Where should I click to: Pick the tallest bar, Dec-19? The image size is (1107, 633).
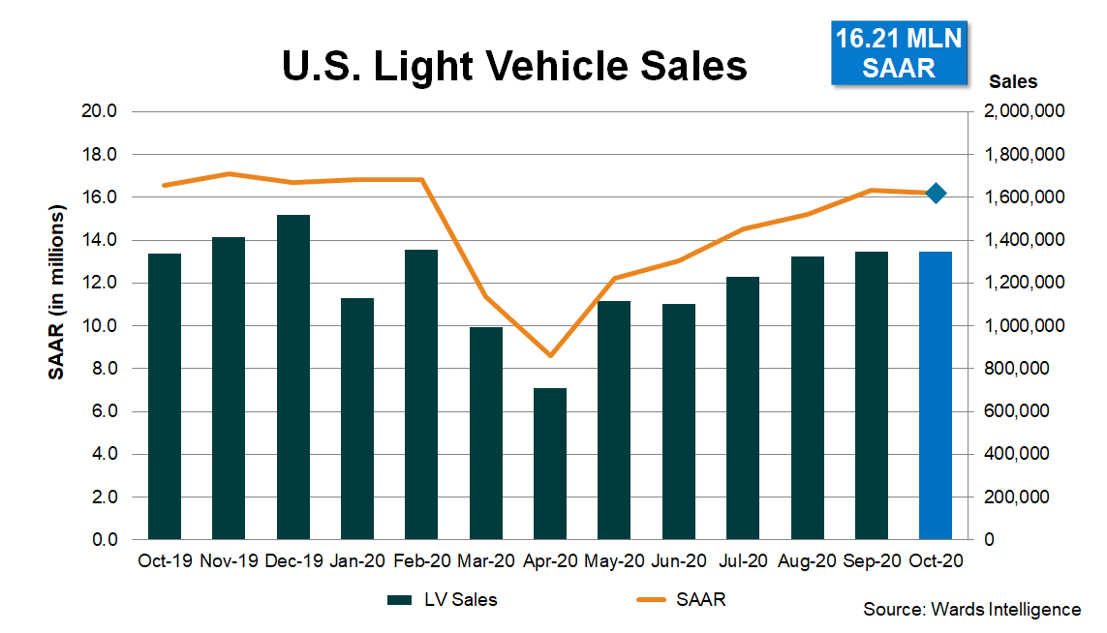(x=292, y=377)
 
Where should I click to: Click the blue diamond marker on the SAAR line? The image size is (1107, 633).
(x=936, y=194)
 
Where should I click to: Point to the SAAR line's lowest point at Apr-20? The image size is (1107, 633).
(x=550, y=355)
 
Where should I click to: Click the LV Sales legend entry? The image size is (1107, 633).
(x=443, y=600)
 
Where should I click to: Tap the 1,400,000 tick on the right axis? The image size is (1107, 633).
(x=1024, y=240)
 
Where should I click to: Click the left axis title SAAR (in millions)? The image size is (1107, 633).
(x=57, y=293)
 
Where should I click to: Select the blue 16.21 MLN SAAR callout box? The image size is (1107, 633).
(x=899, y=54)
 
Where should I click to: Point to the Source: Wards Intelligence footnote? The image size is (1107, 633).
(x=971, y=609)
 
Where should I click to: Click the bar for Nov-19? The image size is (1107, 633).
(x=229, y=387)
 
